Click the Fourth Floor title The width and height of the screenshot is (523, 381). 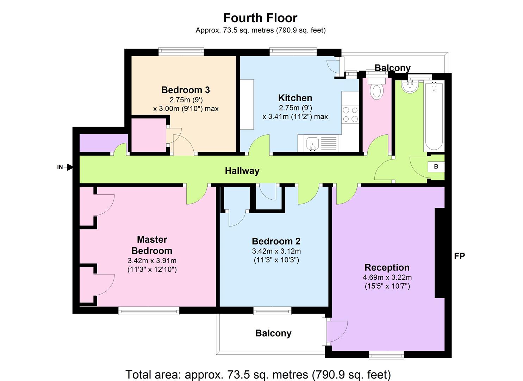click(260, 18)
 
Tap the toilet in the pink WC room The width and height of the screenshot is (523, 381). click(376, 89)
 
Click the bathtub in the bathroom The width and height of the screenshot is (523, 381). click(434, 116)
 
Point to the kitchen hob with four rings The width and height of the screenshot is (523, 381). click(350, 114)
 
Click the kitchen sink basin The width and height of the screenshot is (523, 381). click(312, 143)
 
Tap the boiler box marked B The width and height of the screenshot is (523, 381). click(436, 167)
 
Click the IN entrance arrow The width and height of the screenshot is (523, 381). click(70, 167)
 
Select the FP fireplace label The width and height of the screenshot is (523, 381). click(459, 256)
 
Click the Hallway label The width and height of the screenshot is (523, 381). click(242, 171)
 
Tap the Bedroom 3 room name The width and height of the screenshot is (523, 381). click(186, 90)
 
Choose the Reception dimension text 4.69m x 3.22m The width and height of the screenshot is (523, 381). click(387, 277)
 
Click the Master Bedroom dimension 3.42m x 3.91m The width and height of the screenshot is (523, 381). click(152, 261)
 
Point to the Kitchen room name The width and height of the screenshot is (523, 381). click(295, 98)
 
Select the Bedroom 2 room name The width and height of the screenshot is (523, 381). click(276, 241)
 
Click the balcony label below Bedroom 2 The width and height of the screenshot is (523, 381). click(273, 333)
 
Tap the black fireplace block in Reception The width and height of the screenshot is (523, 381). click(440, 253)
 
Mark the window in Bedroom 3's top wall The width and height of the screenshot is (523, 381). click(181, 52)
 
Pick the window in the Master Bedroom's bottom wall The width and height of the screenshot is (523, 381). click(149, 310)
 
